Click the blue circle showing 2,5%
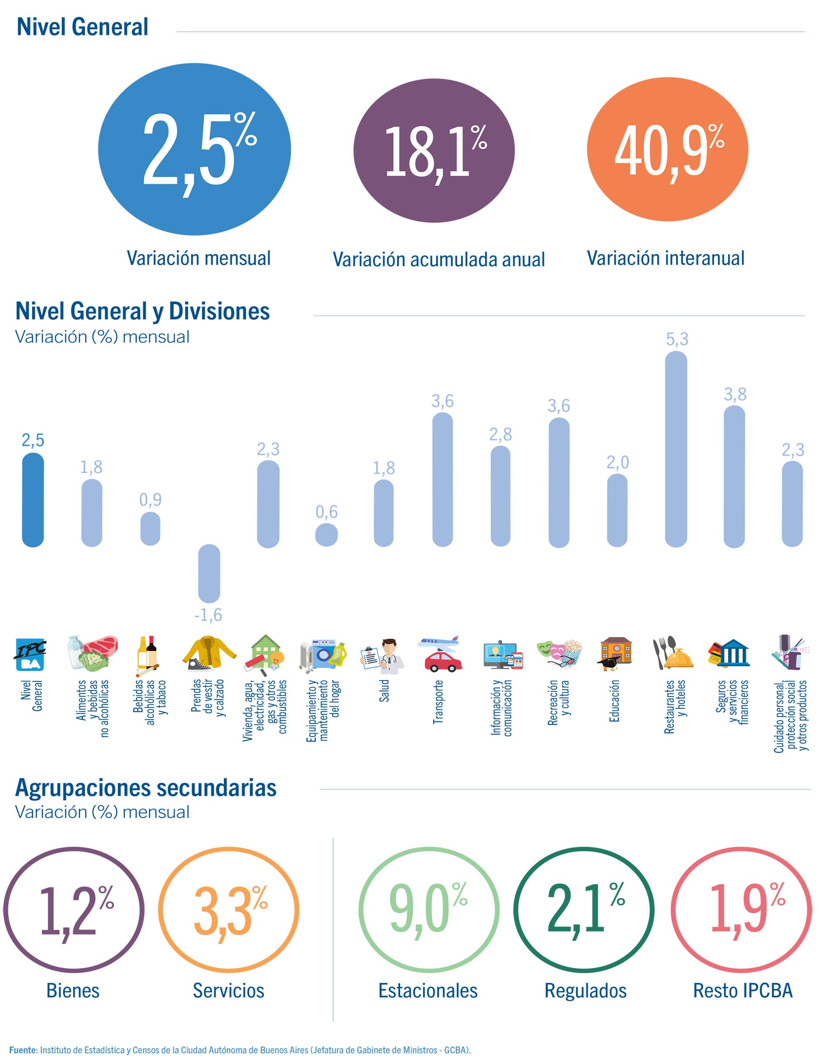(194, 149)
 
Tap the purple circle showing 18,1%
(434, 151)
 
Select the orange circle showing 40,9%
(667, 149)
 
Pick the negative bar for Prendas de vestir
(209, 573)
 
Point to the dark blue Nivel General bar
(33, 500)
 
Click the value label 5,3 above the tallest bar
(677, 339)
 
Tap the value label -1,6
(208, 615)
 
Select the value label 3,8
(735, 394)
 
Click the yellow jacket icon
(209, 654)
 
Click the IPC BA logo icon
(30, 654)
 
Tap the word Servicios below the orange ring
(229, 991)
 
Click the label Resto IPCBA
(742, 991)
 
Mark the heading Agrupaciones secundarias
(146, 788)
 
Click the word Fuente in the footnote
(23, 1049)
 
